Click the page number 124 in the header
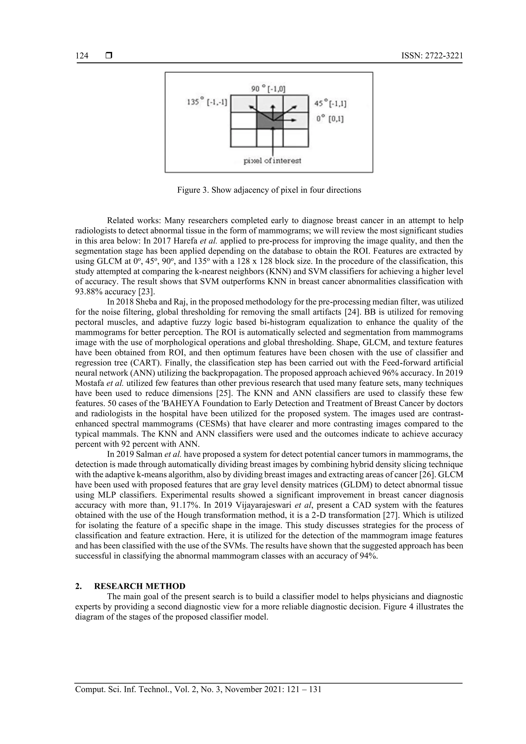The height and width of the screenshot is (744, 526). (x=82, y=56)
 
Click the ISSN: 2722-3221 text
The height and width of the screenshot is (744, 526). (x=432, y=56)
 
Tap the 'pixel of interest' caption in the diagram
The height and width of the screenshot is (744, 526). (x=272, y=161)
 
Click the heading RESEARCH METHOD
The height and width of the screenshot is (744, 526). (x=140, y=586)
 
